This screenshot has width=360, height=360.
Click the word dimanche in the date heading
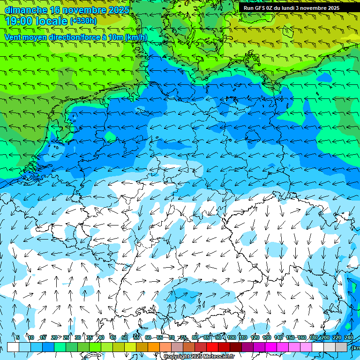[x=26, y=9]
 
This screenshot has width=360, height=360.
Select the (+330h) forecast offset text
[x=83, y=21]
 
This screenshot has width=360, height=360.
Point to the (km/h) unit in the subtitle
[x=136, y=37]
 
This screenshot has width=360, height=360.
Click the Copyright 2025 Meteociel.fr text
[x=199, y=357]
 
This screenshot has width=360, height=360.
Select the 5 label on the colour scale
[x=18, y=337]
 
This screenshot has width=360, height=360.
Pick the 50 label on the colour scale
[x=125, y=337]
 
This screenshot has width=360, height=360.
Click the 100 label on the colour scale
[x=231, y=337]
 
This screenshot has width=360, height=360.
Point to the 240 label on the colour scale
[x=349, y=337]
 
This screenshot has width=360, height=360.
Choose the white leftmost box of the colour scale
[x=13, y=347]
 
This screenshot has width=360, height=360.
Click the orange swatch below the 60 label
[x=142, y=347]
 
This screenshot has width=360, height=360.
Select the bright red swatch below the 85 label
[x=212, y=347]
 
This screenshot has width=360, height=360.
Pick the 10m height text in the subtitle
[x=116, y=37]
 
